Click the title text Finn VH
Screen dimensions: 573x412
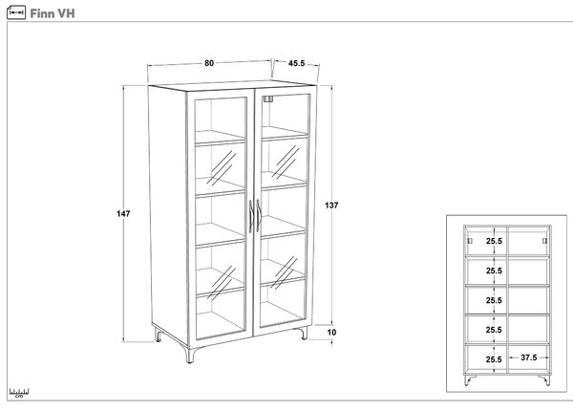(53, 13)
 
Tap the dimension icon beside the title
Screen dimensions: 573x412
(16, 12)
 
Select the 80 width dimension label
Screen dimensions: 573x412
(209, 63)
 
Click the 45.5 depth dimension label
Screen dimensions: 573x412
(296, 63)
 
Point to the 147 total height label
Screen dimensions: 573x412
(123, 214)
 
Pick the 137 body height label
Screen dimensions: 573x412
(331, 206)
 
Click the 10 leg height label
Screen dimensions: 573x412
(331, 333)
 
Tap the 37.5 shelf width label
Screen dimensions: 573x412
(529, 358)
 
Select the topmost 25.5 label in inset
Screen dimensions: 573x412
(494, 241)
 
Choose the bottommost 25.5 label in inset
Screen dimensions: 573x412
(494, 359)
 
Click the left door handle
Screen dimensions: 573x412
(251, 216)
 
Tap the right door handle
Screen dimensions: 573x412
(259, 215)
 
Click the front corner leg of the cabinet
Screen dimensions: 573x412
(190, 356)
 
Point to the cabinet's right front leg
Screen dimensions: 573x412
(304, 334)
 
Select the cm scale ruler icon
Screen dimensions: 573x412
(19, 393)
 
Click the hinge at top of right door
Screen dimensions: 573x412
(268, 98)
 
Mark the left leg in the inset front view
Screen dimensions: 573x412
(470, 379)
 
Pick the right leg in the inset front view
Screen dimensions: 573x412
(544, 379)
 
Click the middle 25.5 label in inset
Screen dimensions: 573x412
(494, 300)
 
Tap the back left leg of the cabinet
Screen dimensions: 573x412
(158, 335)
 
